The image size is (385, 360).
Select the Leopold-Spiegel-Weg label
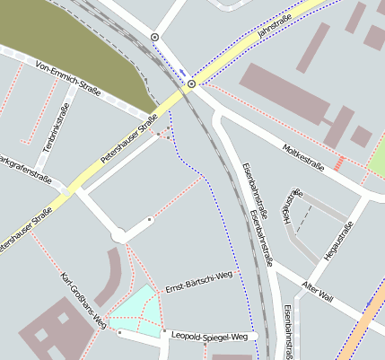208,335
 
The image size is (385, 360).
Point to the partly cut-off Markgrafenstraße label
22,161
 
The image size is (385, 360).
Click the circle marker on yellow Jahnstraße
191,84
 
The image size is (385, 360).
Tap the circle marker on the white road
155,37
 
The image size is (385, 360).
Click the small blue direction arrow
183,72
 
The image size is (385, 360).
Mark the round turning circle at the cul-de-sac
118,236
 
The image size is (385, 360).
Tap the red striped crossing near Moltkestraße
339,162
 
